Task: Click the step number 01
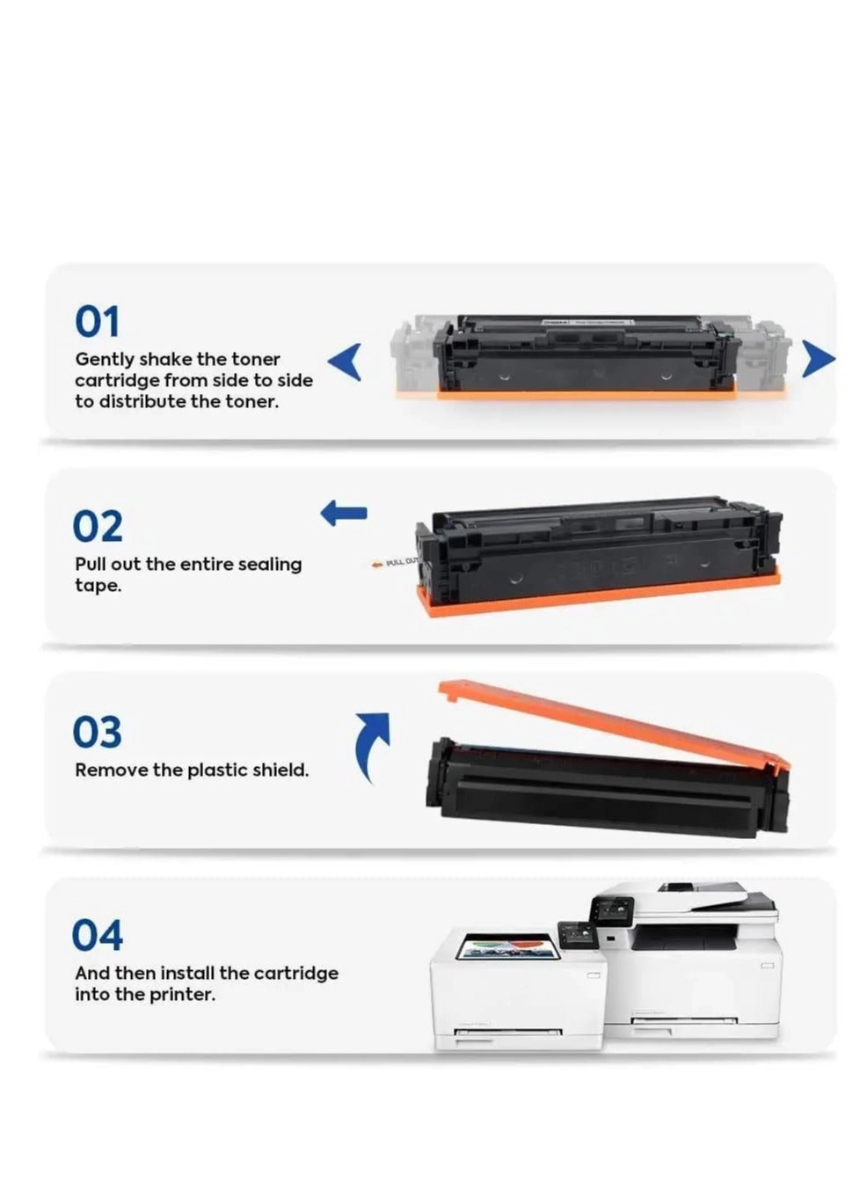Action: coord(97,321)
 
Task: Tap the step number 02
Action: coord(98,525)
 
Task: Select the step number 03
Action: coord(97,731)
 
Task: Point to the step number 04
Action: coord(97,935)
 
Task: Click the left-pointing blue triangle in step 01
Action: coord(345,361)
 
